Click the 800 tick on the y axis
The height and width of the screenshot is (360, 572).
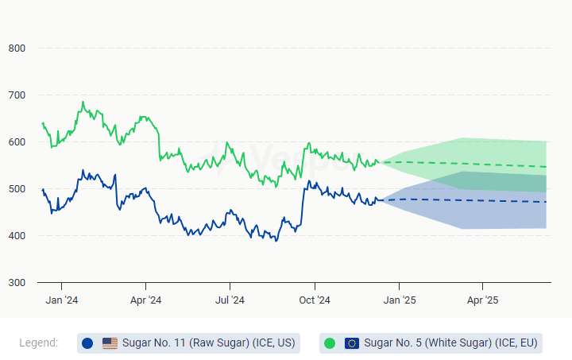(x=17, y=48)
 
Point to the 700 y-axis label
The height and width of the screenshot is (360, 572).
(x=17, y=95)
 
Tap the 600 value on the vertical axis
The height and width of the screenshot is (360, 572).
(x=17, y=142)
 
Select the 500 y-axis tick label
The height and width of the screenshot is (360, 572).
(x=17, y=189)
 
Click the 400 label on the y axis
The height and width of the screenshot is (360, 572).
(x=17, y=236)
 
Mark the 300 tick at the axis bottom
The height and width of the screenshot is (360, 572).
(x=17, y=283)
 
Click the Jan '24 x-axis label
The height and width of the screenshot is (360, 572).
(x=61, y=300)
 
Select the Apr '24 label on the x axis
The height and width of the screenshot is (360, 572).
(x=145, y=300)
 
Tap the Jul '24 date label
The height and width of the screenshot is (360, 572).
(x=230, y=300)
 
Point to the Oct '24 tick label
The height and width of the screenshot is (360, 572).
(x=315, y=300)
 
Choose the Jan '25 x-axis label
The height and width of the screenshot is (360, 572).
(x=399, y=300)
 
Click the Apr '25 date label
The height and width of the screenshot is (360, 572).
(x=482, y=300)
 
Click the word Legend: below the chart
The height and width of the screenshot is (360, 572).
(x=39, y=343)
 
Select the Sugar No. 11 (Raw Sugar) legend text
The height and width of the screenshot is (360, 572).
(x=209, y=343)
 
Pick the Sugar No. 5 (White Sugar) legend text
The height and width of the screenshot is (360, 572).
(x=450, y=343)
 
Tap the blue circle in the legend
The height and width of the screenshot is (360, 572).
(x=87, y=343)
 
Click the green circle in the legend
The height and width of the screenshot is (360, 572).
(x=330, y=343)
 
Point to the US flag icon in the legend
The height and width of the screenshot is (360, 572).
(x=110, y=343)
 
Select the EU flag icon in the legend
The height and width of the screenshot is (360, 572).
(x=352, y=343)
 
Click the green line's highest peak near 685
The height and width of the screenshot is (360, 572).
(x=83, y=102)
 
